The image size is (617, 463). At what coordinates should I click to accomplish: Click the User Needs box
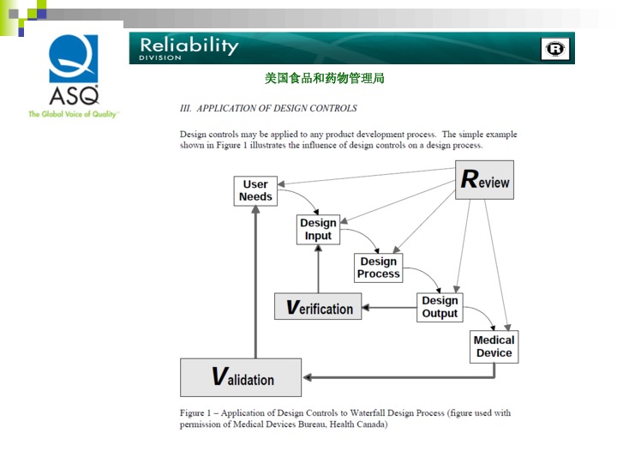255,190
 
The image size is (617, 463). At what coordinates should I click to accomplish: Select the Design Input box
318,229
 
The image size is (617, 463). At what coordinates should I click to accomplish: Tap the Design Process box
378,268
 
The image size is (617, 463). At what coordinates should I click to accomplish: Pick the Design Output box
440,307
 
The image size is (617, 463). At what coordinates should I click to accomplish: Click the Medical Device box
494,346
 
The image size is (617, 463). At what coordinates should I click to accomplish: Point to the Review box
484,180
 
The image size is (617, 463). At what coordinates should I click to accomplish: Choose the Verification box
318,307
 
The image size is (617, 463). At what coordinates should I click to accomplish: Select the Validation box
241,377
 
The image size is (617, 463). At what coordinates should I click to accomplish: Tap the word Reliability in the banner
189,45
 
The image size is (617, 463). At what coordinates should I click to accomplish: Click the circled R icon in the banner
555,50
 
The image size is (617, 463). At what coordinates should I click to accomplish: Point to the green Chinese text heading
324,78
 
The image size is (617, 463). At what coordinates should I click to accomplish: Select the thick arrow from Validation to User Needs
255,283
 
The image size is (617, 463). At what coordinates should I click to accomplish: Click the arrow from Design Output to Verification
391,307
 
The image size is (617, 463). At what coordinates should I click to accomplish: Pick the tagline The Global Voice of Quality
74,114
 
